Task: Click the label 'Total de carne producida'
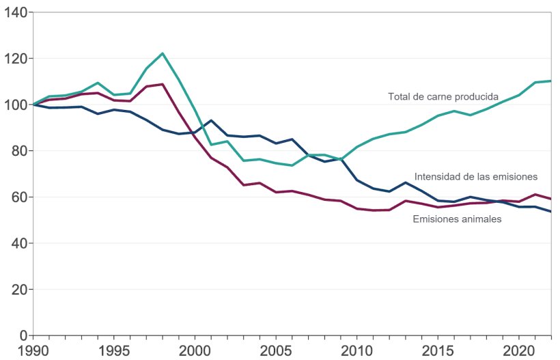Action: tap(443, 96)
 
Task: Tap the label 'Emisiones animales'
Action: tap(458, 219)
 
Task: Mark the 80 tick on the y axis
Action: tap(18, 151)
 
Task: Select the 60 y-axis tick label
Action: tap(18, 197)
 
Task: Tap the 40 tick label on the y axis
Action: tap(18, 243)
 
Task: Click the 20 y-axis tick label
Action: tap(18, 290)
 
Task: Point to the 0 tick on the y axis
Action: tap(23, 335)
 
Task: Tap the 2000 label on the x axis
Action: tap(195, 350)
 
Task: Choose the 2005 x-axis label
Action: tap(275, 350)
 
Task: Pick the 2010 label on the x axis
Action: tap(356, 350)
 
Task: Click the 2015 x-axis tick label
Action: tap(436, 350)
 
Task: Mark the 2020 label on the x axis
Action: tap(517, 350)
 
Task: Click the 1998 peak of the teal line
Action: tap(163, 53)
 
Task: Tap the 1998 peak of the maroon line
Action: tap(163, 84)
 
